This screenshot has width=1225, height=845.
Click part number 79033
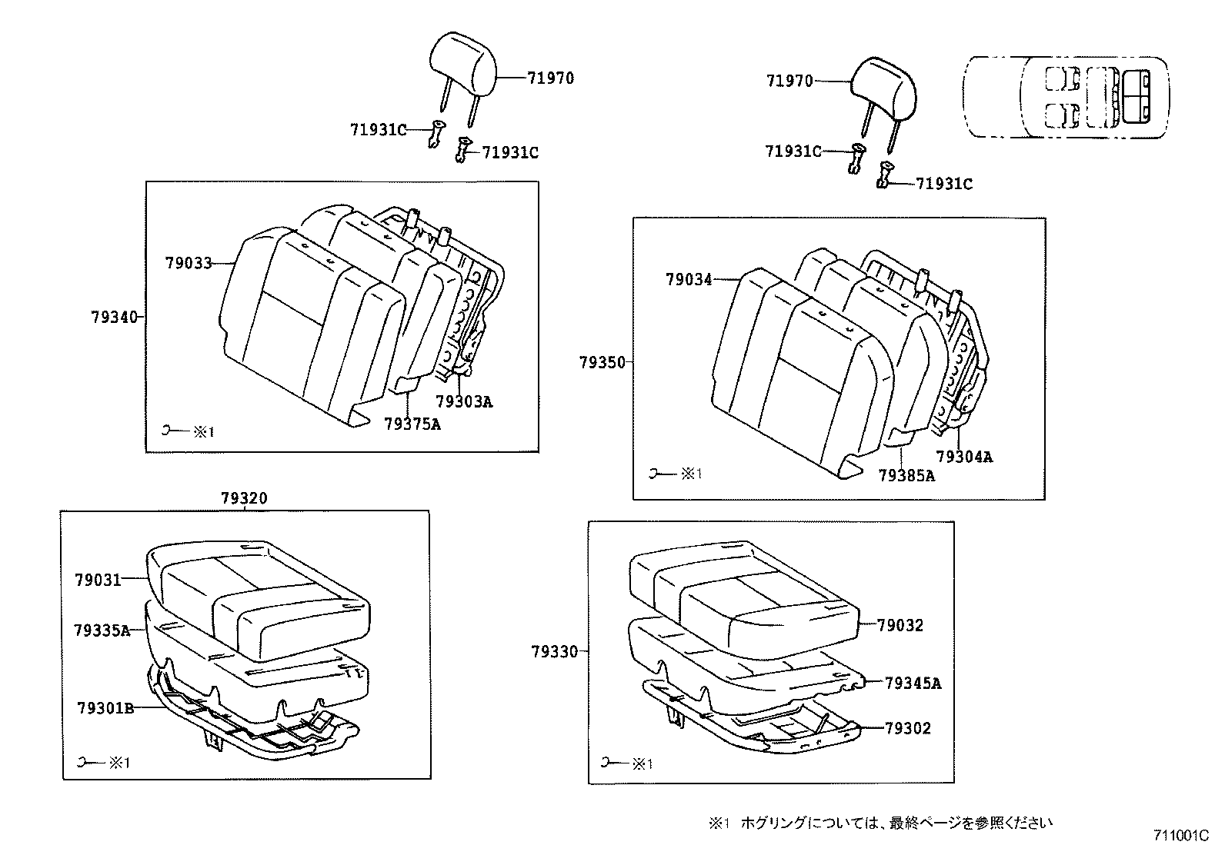click(188, 263)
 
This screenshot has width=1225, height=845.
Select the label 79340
click(113, 317)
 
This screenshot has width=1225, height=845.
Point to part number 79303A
click(463, 401)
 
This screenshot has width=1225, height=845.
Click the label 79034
click(689, 280)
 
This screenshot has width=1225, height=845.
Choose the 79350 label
click(602, 362)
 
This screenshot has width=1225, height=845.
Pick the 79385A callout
click(906, 476)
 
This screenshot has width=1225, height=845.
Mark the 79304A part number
click(964, 457)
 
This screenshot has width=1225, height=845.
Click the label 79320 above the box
click(244, 498)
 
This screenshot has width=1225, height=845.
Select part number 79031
click(98, 579)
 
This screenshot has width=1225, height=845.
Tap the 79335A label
click(102, 630)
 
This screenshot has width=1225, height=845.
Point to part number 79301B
click(105, 707)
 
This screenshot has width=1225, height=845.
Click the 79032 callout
click(900, 626)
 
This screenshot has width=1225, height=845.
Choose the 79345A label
click(913, 683)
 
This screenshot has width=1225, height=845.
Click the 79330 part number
click(554, 652)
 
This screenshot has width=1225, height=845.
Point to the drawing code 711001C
click(1181, 835)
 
